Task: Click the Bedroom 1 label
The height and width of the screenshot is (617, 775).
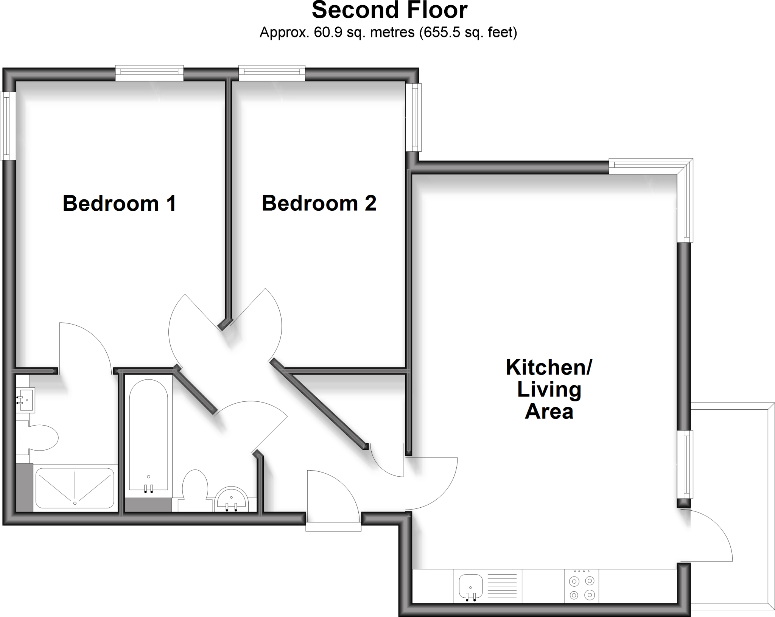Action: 119,204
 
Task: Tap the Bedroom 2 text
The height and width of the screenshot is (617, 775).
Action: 319,204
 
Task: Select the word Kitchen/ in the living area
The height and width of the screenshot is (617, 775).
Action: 549,367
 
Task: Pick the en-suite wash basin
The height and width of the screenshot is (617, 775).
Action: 26,399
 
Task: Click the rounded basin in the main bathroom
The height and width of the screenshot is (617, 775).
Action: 231,499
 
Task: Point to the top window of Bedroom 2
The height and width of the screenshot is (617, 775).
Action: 272,73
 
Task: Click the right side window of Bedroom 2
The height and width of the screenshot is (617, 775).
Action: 413,117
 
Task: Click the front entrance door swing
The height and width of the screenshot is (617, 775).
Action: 333,496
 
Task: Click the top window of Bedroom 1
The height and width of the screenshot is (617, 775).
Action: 149,73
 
